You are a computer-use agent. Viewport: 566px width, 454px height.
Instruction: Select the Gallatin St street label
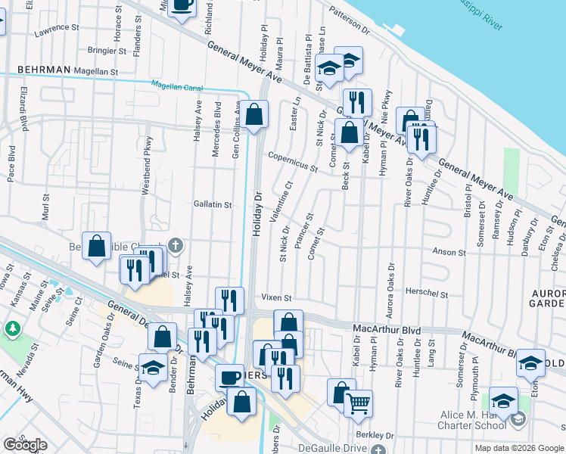[212, 205]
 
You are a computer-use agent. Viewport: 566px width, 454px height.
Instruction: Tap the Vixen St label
[277, 298]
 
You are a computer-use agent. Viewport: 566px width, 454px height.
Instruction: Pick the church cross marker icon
[175, 244]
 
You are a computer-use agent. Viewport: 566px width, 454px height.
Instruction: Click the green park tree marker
[12, 329]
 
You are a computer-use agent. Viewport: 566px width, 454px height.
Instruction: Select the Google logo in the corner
[25, 445]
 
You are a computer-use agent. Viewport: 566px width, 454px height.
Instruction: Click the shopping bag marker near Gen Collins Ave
[256, 115]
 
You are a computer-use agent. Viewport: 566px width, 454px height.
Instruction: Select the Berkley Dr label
[378, 436]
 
